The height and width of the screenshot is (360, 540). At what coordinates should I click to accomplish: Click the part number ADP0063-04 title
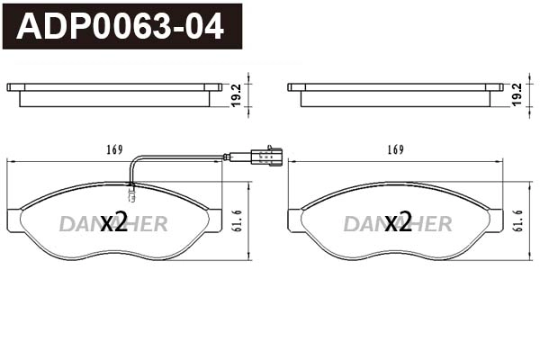pos(121,27)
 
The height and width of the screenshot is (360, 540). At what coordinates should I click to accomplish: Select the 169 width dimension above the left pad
pos(113,149)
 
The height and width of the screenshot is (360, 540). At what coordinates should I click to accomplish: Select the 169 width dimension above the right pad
pos(394,149)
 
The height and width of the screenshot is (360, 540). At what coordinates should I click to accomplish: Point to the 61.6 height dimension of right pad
pos(518,220)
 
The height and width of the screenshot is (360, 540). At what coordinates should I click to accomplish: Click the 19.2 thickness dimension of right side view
pos(517,94)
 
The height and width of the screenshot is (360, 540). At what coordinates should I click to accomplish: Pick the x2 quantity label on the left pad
pos(114,223)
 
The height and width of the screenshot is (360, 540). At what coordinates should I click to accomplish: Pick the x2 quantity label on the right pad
pos(397,223)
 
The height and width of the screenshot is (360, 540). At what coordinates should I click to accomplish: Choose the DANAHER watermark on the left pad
pos(114,224)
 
